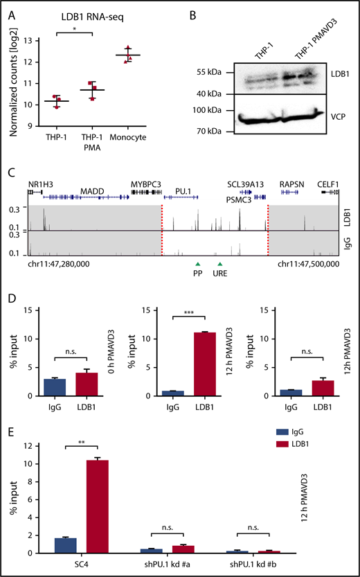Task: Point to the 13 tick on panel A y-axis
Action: pos(33,41)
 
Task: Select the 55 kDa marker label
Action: pos(211,71)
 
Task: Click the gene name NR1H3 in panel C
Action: pos(40,184)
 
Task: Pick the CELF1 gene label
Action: pos(329,184)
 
